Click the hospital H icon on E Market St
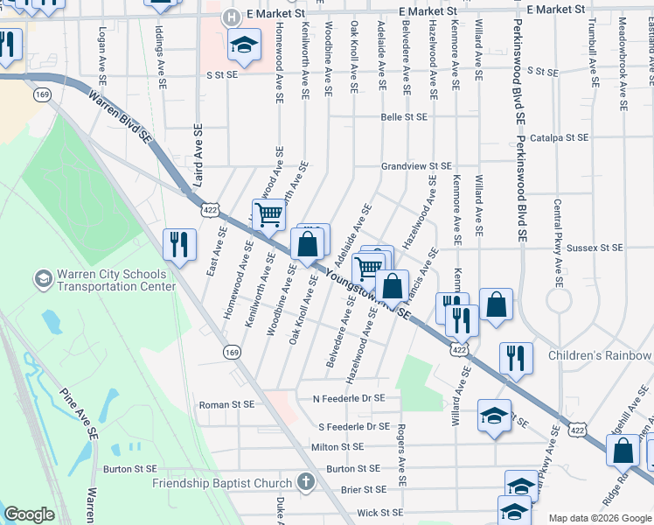[231, 17]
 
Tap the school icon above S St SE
[245, 44]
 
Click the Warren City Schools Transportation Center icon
[42, 279]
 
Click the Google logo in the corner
[29, 514]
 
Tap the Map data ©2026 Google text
[599, 518]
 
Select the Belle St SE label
[404, 116]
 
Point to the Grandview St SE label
[416, 165]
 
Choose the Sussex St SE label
[594, 248]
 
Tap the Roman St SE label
[226, 404]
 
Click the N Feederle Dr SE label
[349, 398]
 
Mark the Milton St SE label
[336, 446]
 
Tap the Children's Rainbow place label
[600, 355]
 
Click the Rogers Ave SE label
[400, 455]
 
